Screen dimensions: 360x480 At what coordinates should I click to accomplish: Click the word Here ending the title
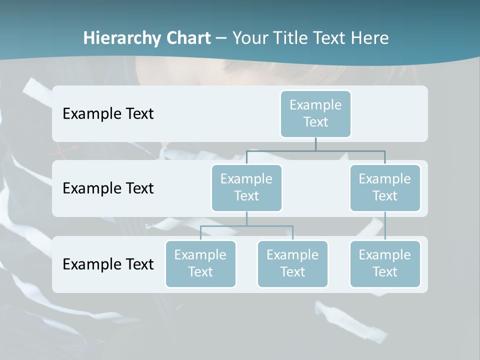[x=370, y=38]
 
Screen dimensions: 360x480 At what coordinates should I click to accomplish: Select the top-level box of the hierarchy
[x=315, y=113]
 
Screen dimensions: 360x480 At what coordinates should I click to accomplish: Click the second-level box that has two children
[x=246, y=187]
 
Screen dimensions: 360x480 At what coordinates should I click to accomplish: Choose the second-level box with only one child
[x=385, y=187]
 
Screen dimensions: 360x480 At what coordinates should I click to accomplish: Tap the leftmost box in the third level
[x=200, y=263]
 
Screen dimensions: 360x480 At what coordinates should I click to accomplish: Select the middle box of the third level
[x=292, y=263]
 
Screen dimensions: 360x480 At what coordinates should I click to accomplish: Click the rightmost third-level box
[x=385, y=263]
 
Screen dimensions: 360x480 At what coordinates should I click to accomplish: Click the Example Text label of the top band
[x=108, y=113]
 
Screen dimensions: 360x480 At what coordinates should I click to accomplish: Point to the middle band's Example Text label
[x=108, y=188]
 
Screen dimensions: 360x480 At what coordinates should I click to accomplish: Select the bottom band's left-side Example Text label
[x=108, y=264]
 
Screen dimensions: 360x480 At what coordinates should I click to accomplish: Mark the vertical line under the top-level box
[x=315, y=144]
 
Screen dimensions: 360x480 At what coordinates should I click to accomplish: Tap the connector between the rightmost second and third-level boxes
[x=385, y=226]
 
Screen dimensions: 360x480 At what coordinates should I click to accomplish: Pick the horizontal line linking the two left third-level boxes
[x=246, y=226]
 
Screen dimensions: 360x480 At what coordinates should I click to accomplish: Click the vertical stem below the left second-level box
[x=246, y=218]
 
